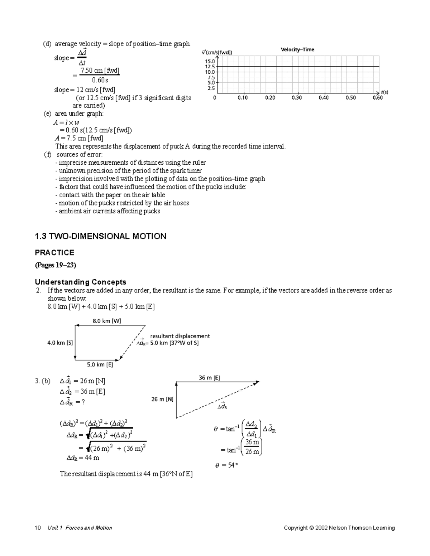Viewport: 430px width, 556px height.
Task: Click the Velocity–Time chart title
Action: click(297, 50)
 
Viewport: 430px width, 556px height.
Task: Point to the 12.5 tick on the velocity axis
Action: click(210, 67)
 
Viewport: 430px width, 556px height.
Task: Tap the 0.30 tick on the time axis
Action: click(297, 98)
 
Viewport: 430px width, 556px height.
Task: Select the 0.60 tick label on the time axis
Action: click(377, 98)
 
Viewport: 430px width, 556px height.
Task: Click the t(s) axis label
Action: click(384, 92)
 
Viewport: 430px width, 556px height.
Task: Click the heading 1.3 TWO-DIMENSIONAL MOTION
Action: click(100, 236)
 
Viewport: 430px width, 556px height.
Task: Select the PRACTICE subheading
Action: click(54, 253)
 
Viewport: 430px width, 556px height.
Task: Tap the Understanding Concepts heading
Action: click(80, 282)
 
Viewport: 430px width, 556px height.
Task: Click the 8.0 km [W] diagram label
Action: click(107, 321)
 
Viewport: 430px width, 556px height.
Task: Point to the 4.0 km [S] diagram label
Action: click(60, 343)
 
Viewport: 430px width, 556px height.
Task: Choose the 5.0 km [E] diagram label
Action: click(100, 365)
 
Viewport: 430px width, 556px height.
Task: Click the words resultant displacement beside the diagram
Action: click(180, 336)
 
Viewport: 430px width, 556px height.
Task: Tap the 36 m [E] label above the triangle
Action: click(209, 378)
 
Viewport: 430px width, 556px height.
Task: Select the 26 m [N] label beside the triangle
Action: click(162, 399)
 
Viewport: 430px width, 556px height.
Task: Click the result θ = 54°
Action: click(226, 465)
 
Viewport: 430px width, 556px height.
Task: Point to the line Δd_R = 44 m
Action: click(83, 458)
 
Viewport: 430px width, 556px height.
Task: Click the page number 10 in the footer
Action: click(38, 528)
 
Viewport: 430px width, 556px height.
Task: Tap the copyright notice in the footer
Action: click(339, 528)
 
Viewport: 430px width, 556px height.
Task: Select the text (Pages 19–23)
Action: click(55, 265)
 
